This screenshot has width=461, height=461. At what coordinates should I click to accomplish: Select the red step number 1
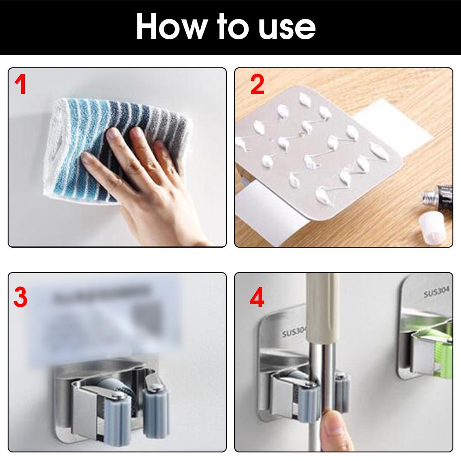pos(20,85)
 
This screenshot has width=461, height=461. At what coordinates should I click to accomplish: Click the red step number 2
pos(257,85)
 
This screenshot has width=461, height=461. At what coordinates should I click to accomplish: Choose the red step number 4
pos(257,298)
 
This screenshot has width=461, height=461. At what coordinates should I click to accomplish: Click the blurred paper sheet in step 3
pos(108,316)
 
